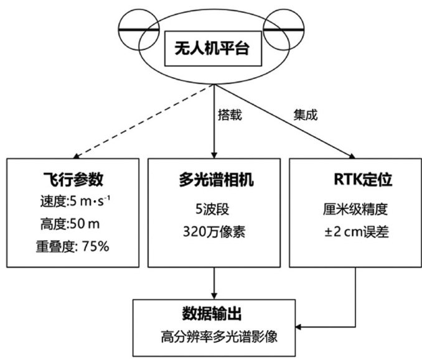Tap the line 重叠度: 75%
72,246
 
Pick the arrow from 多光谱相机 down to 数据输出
214,284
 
